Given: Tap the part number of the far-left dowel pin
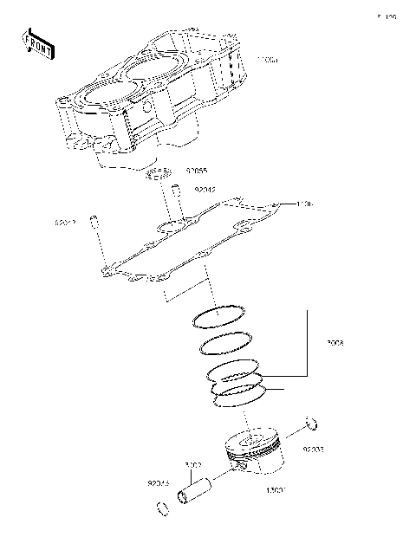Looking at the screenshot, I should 66,223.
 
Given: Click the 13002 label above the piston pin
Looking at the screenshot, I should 194,465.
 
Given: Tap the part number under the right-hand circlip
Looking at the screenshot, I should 313,450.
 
